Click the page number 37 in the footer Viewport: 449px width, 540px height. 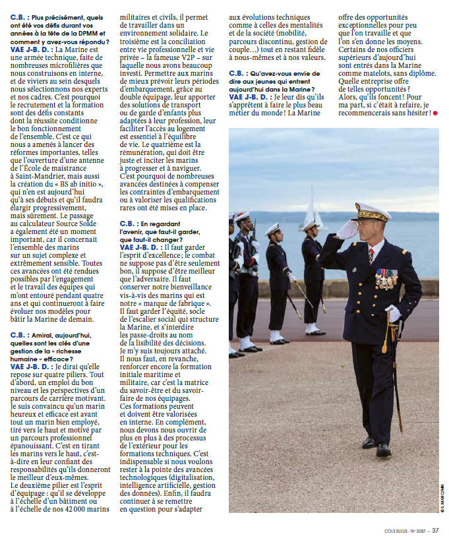(435, 529)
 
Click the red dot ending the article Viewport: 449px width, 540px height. (435, 113)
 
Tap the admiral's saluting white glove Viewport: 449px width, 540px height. (347, 229)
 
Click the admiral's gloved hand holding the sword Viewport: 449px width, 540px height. (393, 315)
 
